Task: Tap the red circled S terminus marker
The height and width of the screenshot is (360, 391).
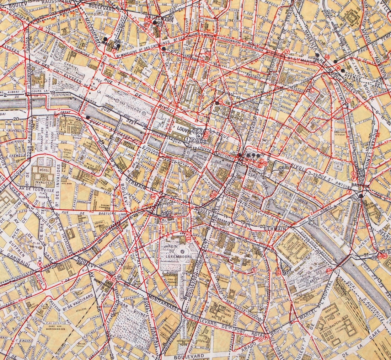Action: tap(254, 270)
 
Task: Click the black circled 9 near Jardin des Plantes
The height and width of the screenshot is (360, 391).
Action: tap(284, 273)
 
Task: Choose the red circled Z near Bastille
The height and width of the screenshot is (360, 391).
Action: tap(349, 192)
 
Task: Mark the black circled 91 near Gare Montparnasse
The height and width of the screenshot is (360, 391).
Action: tap(119, 277)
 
